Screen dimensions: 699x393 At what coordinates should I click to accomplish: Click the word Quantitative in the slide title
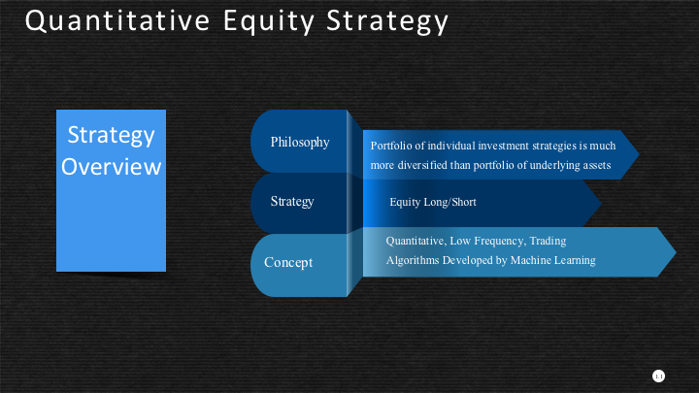tap(117, 21)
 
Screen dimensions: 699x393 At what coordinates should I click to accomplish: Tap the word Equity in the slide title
tap(269, 21)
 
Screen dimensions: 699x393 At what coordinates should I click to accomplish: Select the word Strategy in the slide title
tap(387, 21)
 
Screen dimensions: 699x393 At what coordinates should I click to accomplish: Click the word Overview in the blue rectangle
tap(111, 166)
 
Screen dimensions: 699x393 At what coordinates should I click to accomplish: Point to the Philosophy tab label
tap(300, 142)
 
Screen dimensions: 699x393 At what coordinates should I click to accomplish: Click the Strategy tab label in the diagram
tap(292, 202)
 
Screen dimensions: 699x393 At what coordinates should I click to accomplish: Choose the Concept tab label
tap(288, 262)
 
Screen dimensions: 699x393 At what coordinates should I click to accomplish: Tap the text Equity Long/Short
tap(433, 202)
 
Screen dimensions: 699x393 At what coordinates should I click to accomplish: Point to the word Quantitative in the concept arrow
tap(416, 241)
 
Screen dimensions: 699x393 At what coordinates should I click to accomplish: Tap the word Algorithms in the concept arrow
tap(413, 260)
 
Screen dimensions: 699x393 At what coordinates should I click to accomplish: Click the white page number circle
tap(658, 377)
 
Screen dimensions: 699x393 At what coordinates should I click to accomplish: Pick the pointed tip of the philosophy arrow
tap(639, 154)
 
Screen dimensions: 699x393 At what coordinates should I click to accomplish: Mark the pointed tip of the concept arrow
tap(677, 251)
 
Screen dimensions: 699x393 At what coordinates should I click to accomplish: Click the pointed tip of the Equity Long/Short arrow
tap(601, 203)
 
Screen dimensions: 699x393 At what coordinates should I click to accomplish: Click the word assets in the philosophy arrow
tap(596, 165)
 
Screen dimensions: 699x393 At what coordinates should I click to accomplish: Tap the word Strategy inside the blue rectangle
tap(111, 136)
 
